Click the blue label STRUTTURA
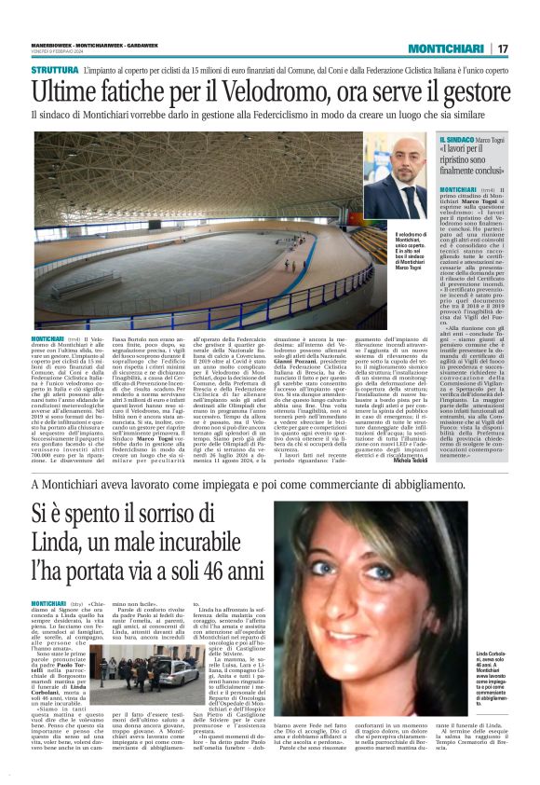[55, 70]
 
